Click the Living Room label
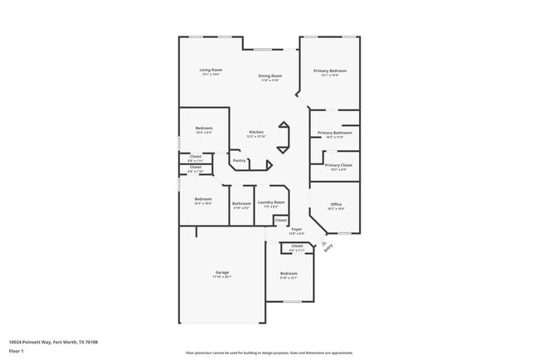[211, 70]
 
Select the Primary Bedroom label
[330, 71]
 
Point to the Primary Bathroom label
[334, 133]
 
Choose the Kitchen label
[257, 133]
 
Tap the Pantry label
[239, 161]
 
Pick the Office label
[336, 204]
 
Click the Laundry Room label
[271, 202]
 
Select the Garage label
[222, 272]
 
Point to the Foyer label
[296, 229]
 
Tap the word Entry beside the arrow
[328, 248]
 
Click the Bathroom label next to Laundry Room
[241, 203]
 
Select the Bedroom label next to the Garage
[289, 273]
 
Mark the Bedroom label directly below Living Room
[204, 128]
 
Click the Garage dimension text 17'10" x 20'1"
[222, 277]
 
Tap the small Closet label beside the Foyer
[281, 220]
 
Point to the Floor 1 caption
[16, 351]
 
